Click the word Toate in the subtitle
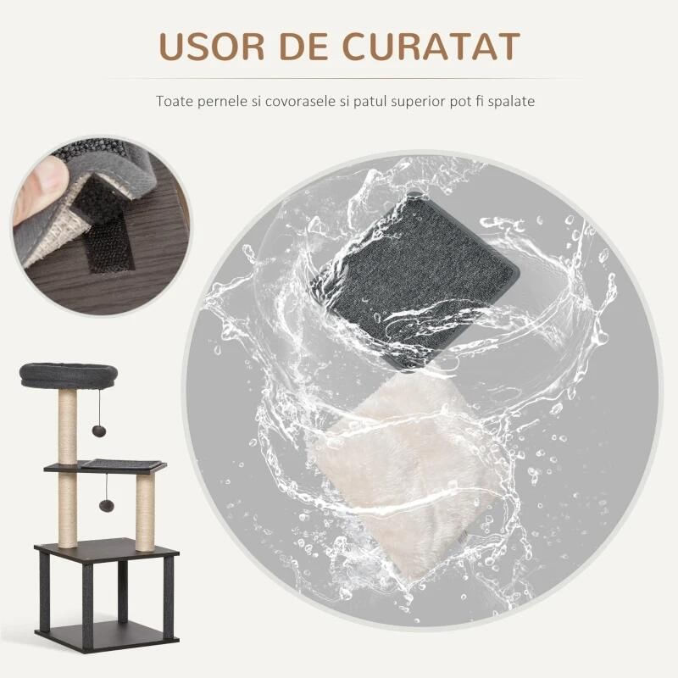[x=173, y=101]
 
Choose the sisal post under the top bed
[x=67, y=424]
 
